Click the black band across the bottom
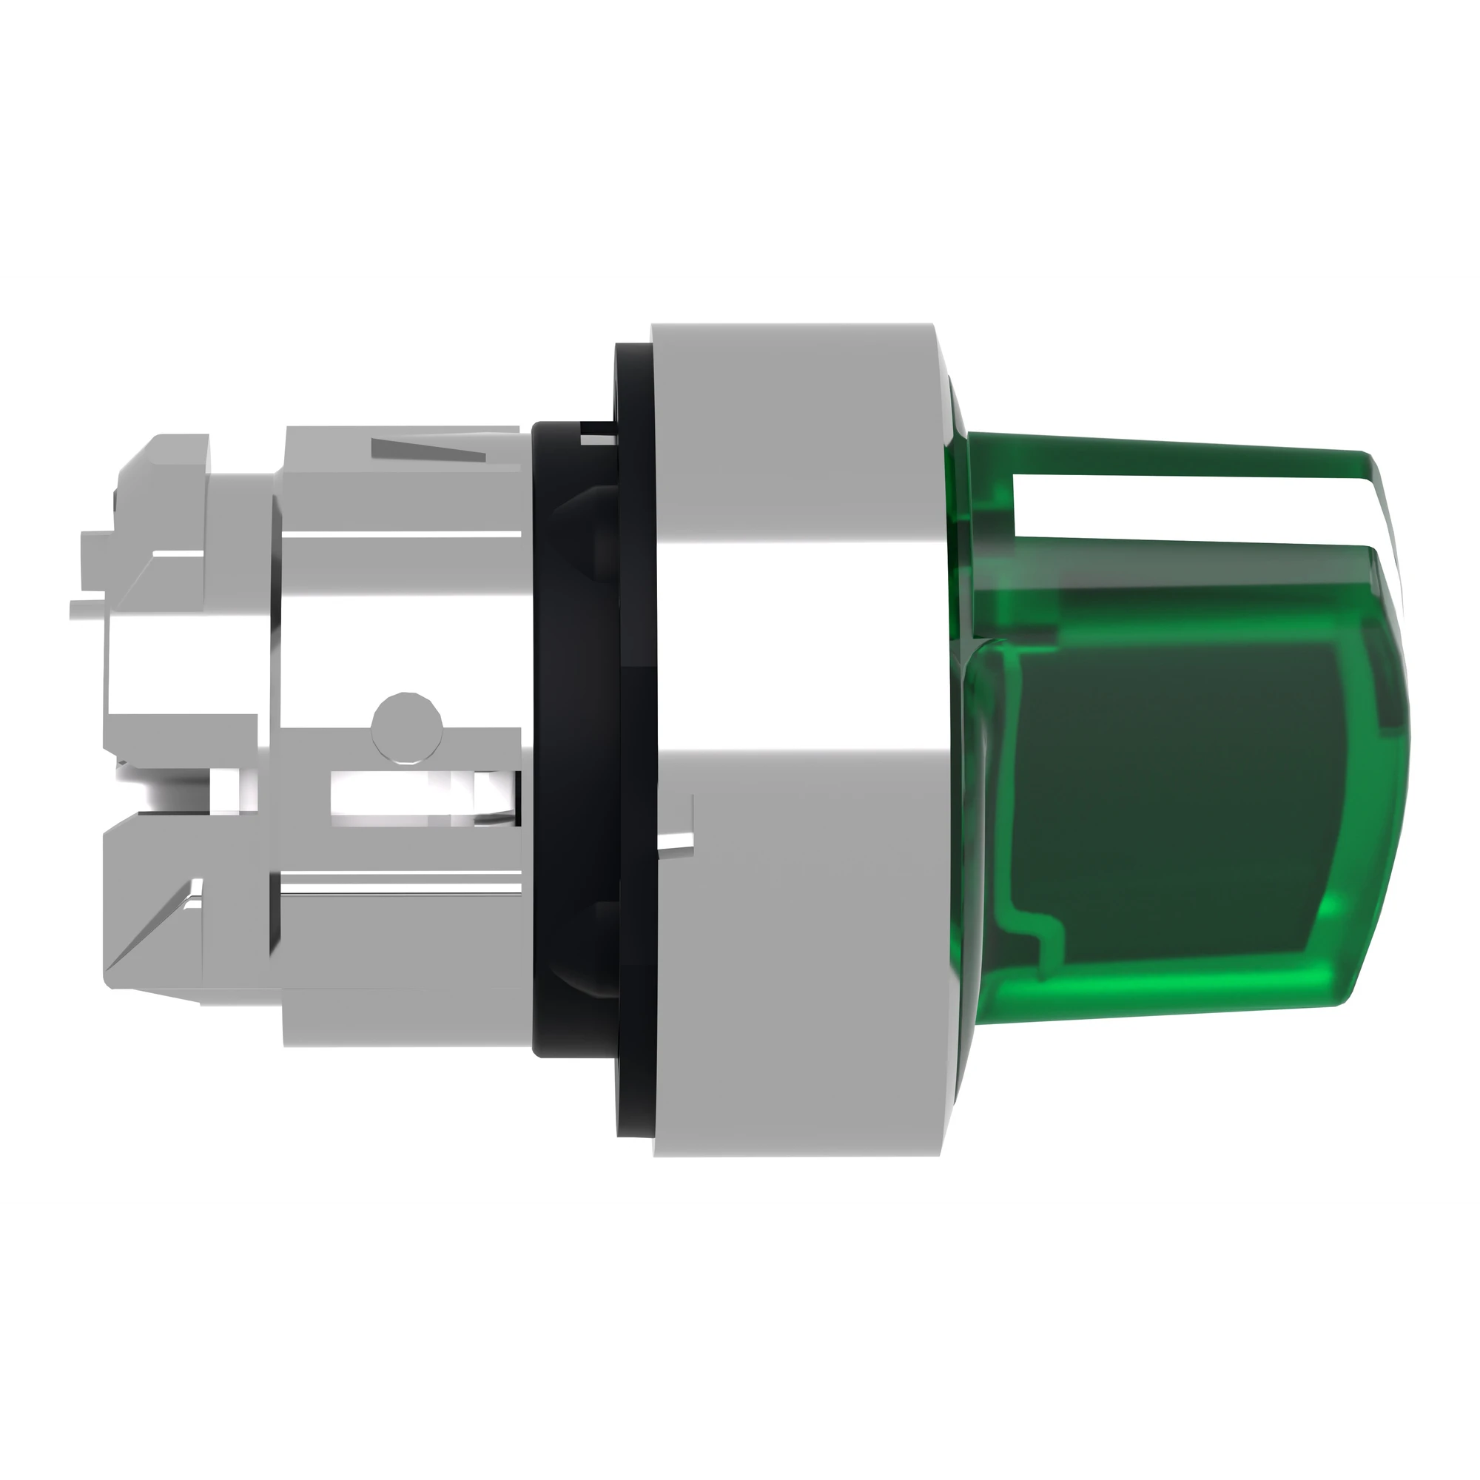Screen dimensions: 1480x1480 740,1345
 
